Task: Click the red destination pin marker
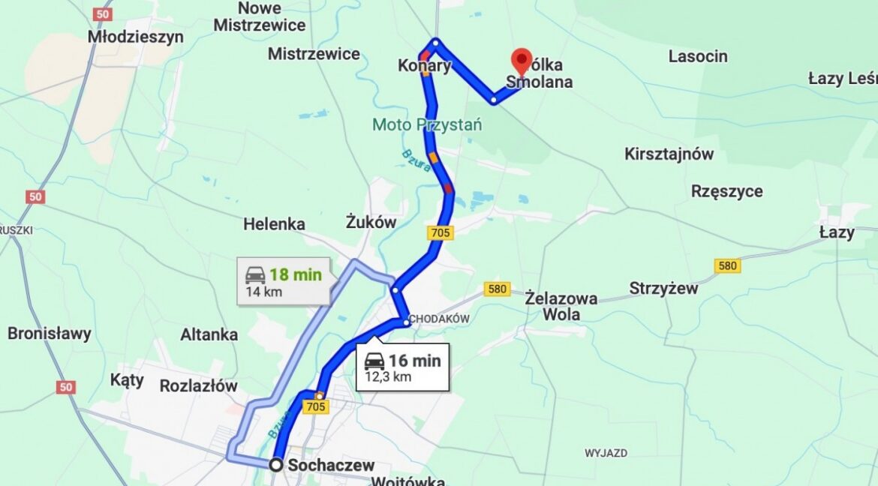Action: click(522, 60)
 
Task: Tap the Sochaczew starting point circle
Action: click(276, 465)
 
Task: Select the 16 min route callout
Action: click(403, 367)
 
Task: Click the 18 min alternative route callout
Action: click(283, 281)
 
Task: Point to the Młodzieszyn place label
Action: click(135, 37)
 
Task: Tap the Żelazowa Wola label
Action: click(561, 306)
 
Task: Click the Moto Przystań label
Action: click(427, 124)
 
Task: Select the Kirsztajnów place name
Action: click(669, 154)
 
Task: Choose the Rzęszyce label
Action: click(726, 191)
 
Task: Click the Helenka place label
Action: click(274, 224)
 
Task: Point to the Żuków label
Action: click(371, 221)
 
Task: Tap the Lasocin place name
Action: click(698, 56)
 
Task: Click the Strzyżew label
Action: click(663, 288)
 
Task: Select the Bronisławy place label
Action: click(50, 333)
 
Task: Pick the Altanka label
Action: click(209, 334)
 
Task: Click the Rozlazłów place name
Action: click(198, 386)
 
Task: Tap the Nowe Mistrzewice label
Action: click(260, 16)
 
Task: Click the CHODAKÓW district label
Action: click(440, 319)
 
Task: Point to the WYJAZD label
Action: click(606, 453)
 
